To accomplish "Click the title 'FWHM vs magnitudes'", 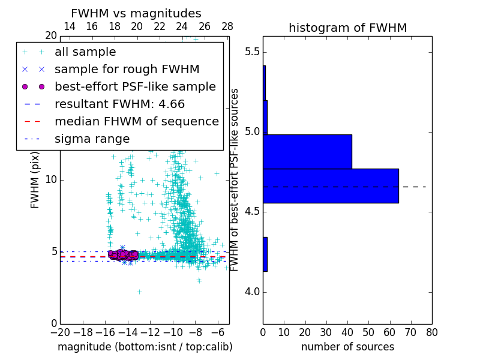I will (136, 13).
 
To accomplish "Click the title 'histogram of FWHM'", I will (347, 28).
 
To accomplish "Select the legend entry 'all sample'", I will (85, 52).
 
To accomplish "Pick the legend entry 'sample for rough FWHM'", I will (127, 69).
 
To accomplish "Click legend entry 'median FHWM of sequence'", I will (136, 121).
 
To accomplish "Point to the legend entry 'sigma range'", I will (92, 139).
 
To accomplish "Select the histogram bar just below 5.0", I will (307, 151).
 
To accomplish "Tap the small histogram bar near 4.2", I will (265, 254).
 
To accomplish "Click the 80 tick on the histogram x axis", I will (431, 332).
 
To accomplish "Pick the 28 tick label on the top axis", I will (227, 26).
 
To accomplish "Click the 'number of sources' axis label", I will (347, 347).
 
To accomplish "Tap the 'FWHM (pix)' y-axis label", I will (35, 179).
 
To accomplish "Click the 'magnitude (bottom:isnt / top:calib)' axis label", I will (145, 347).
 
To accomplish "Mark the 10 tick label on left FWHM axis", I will (50, 180).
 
